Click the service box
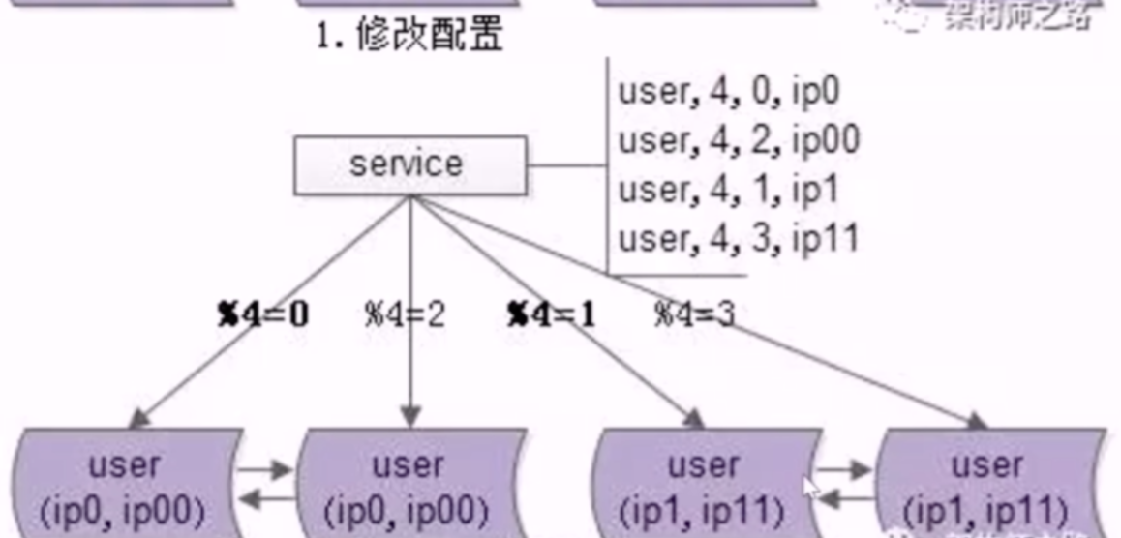tap(410, 164)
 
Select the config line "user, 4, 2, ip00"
tap(739, 141)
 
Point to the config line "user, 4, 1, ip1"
tap(729, 190)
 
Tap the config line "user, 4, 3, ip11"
tap(739, 238)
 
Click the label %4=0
tap(263, 314)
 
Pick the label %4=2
tap(404, 314)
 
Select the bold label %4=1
tap(551, 314)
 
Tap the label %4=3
tap(695, 314)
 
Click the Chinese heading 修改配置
tap(410, 36)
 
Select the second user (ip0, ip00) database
tap(410, 484)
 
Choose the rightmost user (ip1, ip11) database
tap(987, 484)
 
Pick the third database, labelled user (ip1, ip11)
tap(705, 484)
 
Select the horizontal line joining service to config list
tap(567, 164)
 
